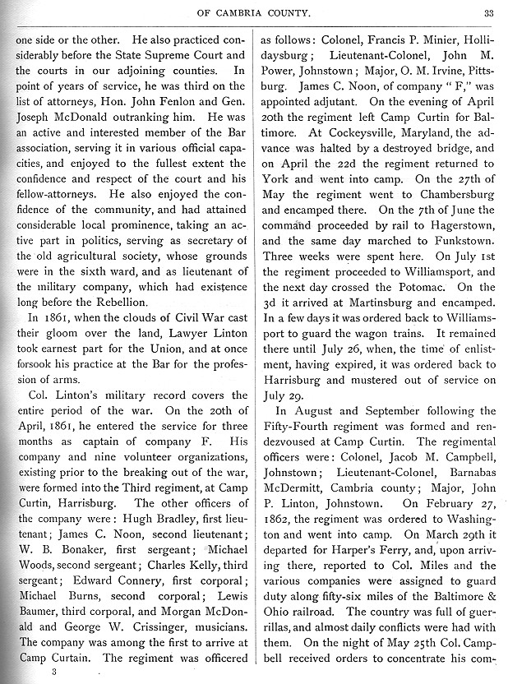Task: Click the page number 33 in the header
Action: click(x=487, y=12)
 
